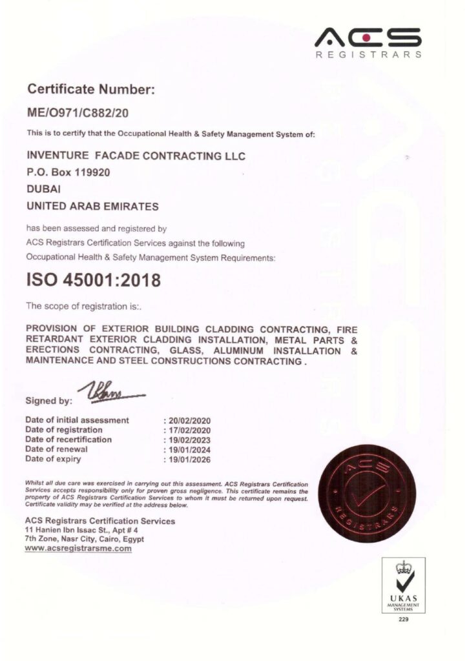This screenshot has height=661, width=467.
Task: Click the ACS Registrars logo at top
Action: point(368,42)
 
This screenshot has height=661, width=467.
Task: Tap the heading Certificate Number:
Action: point(90,90)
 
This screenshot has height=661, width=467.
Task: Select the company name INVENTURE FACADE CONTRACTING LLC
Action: point(136,156)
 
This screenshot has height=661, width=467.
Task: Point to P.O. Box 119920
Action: point(68,173)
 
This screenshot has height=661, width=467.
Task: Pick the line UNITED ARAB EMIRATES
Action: point(92,207)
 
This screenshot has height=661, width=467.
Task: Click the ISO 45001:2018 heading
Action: point(93,280)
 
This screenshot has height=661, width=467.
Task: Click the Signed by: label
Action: point(48,401)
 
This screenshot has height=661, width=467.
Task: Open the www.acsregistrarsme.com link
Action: point(78,549)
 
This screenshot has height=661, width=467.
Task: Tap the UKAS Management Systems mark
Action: point(404,586)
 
